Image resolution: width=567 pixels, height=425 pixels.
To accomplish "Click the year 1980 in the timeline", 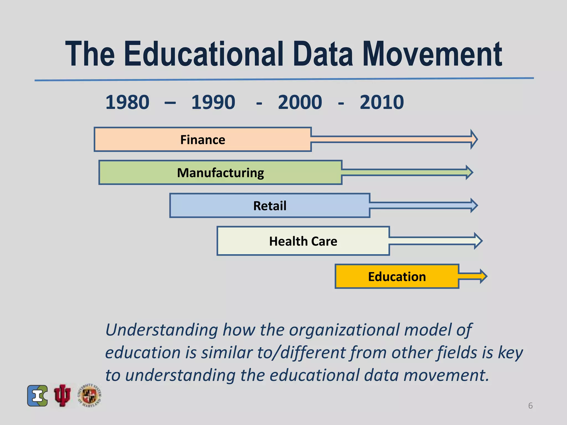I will coord(127,102).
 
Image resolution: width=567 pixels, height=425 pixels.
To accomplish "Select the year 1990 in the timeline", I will coord(213,102).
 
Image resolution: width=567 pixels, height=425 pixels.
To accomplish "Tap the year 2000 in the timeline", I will coord(300,102).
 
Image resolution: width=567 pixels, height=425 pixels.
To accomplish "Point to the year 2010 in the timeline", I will coord(382,102).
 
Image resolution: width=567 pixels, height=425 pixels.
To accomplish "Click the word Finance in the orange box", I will coord(203,140).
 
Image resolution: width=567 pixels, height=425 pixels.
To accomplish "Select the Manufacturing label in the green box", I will coord(220,173).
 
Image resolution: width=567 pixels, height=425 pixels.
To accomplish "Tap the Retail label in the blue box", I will coord(270,206).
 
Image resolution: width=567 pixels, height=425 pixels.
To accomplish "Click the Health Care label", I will coord(303,241).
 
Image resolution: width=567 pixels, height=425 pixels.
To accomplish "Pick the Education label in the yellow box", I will coord(397,277).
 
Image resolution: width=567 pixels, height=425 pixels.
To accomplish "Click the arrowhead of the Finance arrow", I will coord(474,139).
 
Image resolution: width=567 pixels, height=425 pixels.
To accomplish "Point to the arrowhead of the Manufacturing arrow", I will coord(469,172).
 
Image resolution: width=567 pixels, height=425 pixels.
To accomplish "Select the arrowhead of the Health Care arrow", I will coord(478,241).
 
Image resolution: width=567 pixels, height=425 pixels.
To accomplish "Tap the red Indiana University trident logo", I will coord(62,395).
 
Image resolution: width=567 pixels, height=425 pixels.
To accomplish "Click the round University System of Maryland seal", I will coord(89,395).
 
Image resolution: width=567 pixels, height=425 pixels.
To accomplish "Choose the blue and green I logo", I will coord(37,396).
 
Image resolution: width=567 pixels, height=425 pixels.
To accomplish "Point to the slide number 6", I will coord(530,406).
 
